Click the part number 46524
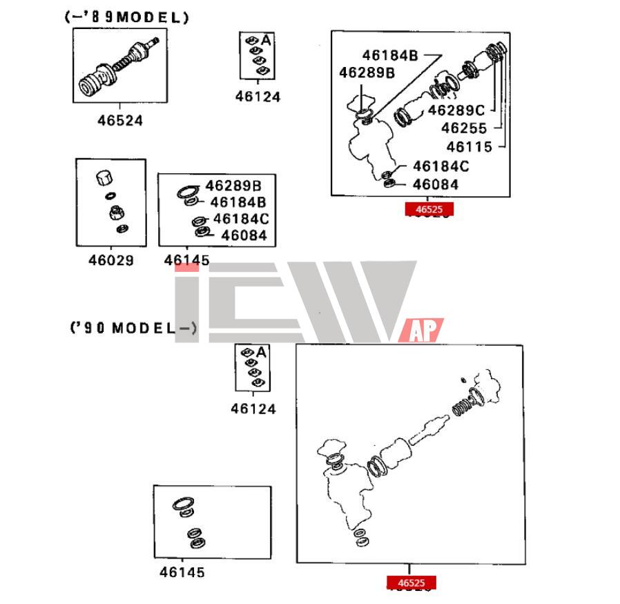pyautogui.click(x=119, y=120)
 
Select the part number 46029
pyautogui.click(x=110, y=261)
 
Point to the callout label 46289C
pyautogui.click(x=456, y=110)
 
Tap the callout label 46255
pyautogui.click(x=464, y=128)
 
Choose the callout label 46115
pyautogui.click(x=469, y=146)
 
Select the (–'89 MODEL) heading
pyautogui.click(x=127, y=18)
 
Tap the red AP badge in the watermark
pyautogui.click(x=421, y=331)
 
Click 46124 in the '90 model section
pyautogui.click(x=253, y=409)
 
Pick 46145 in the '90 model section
pyautogui.click(x=182, y=572)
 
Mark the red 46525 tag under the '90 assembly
pyautogui.click(x=411, y=583)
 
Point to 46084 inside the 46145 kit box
pyautogui.click(x=243, y=236)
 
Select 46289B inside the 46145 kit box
pyautogui.click(x=233, y=186)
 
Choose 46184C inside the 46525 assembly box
pyautogui.click(x=440, y=166)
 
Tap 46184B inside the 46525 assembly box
pyautogui.click(x=389, y=55)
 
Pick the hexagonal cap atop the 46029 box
pyautogui.click(x=104, y=177)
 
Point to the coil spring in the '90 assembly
pyautogui.click(x=460, y=405)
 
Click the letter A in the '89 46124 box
pyautogui.click(x=266, y=41)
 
